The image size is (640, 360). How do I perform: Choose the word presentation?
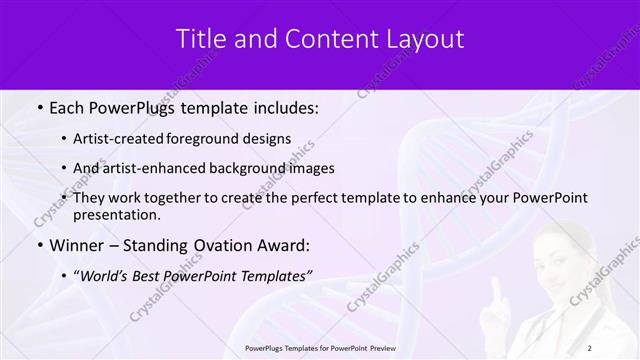(116, 214)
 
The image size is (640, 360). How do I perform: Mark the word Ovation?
(215, 245)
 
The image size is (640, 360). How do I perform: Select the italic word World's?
(108, 275)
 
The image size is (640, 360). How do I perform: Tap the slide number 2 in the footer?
(589, 348)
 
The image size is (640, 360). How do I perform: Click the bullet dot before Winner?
(39, 245)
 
